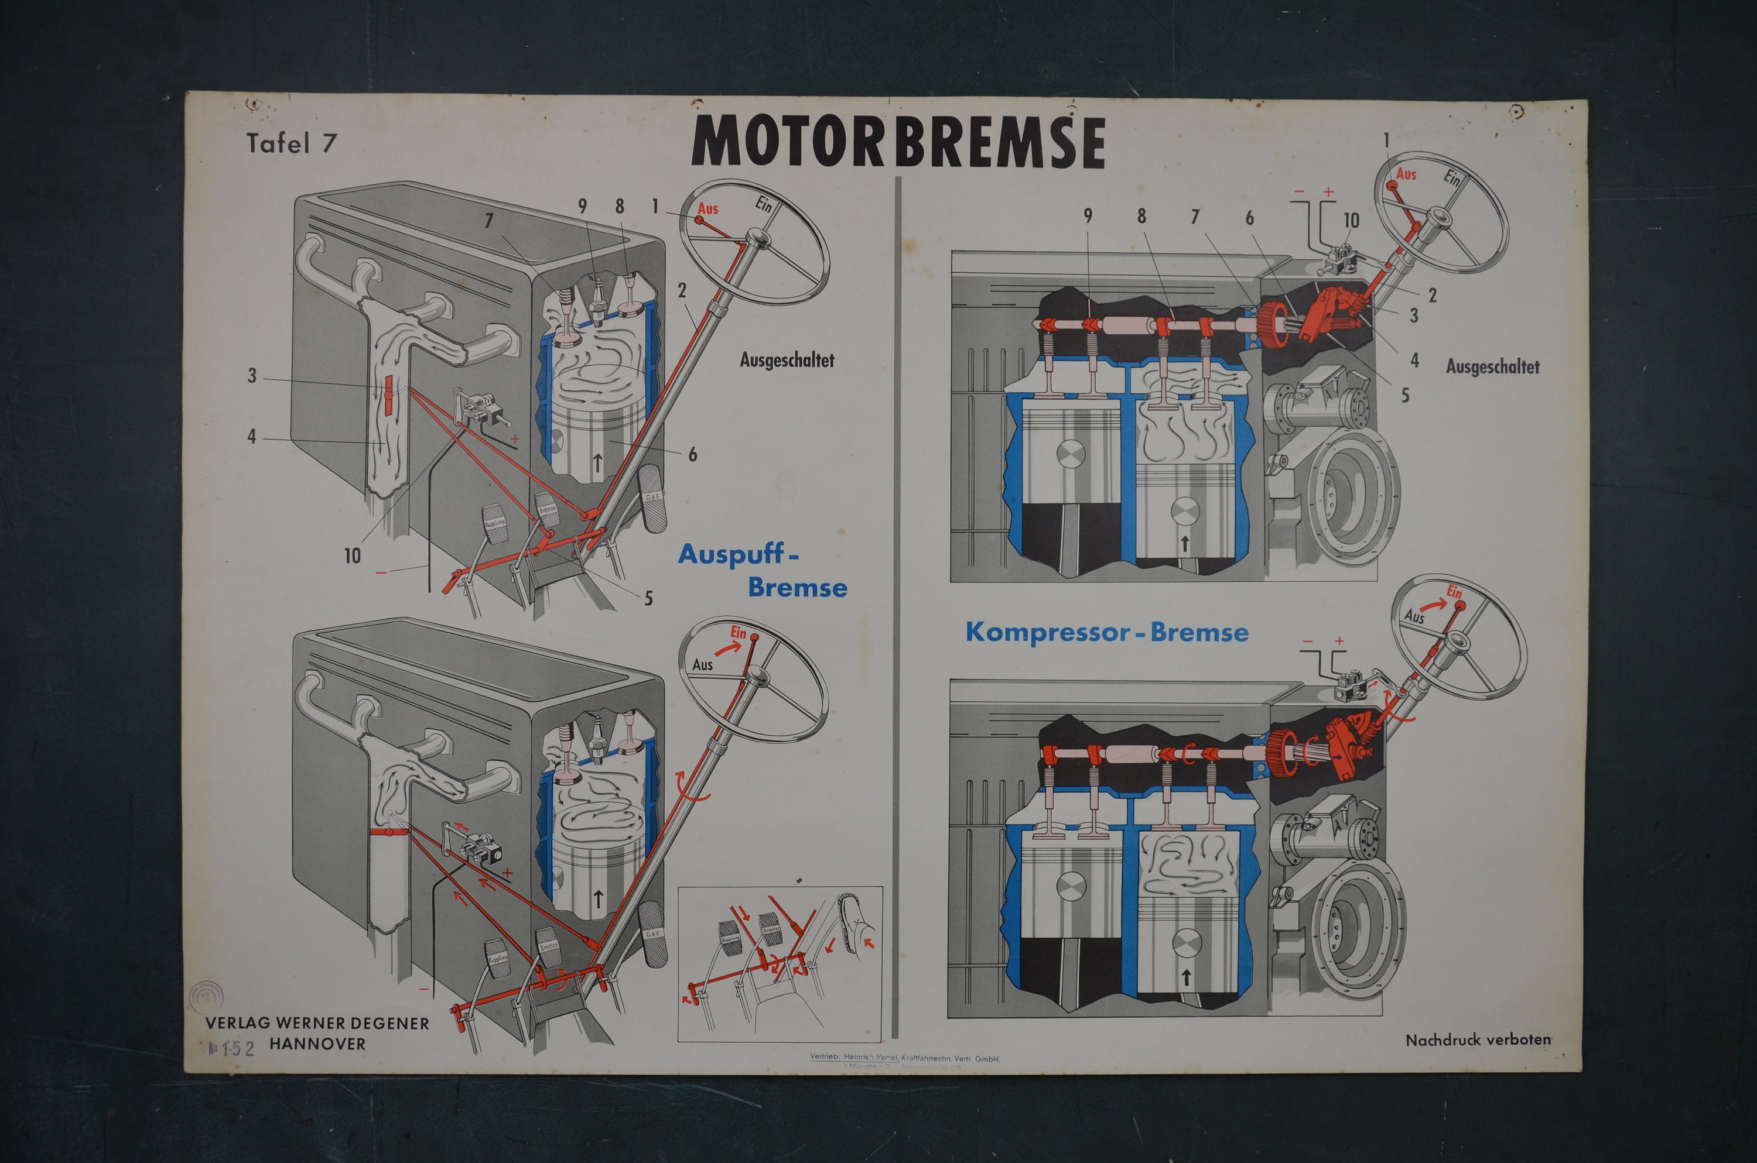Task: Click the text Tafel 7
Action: pyautogui.click(x=292, y=143)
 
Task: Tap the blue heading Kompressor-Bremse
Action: pyautogui.click(x=1106, y=633)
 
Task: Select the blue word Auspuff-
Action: pyautogui.click(x=739, y=555)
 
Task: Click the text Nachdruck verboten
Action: pyautogui.click(x=1477, y=1040)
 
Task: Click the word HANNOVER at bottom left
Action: pyautogui.click(x=317, y=1044)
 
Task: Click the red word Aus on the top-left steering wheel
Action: pyautogui.click(x=708, y=209)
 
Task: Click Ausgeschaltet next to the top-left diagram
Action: pyautogui.click(x=787, y=361)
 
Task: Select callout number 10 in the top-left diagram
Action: pyautogui.click(x=352, y=555)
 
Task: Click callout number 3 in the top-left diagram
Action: pyautogui.click(x=252, y=376)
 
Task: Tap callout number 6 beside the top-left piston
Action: pyautogui.click(x=692, y=455)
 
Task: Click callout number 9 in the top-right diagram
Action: pyautogui.click(x=1088, y=216)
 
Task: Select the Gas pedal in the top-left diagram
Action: pyautogui.click(x=653, y=499)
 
